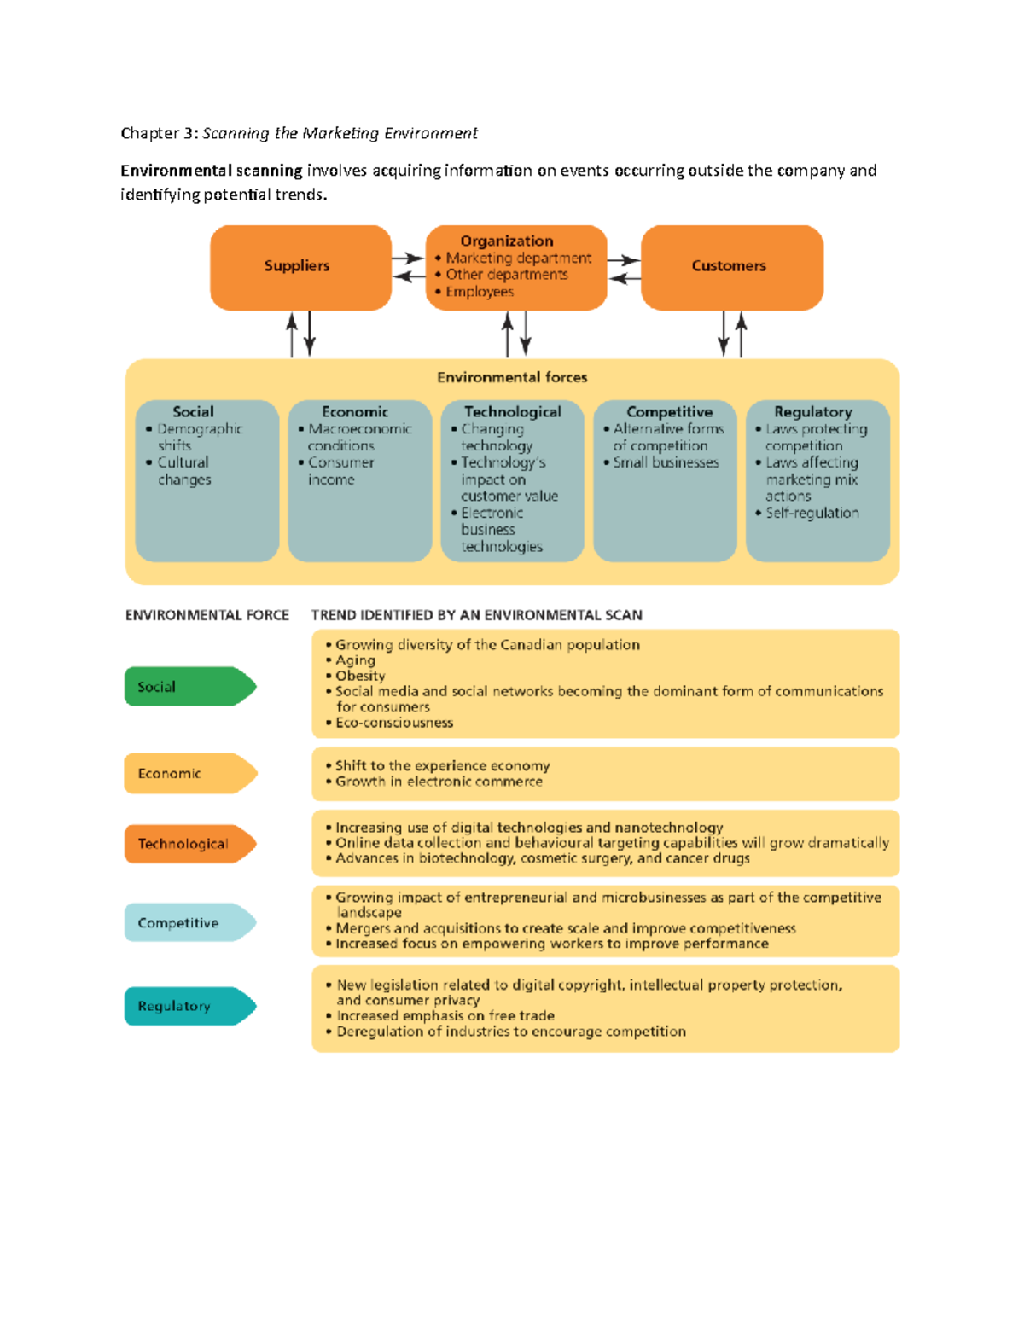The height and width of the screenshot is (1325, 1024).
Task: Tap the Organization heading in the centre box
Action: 507,241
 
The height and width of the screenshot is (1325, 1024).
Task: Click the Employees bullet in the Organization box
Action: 479,292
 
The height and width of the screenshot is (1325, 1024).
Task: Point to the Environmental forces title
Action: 512,377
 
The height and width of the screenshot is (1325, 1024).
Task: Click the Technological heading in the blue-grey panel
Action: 512,412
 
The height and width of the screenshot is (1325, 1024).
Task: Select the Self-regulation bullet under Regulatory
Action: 812,513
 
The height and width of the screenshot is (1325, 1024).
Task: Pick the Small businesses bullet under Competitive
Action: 666,462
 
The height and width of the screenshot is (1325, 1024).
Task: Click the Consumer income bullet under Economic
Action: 340,471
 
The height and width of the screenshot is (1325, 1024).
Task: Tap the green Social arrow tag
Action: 188,687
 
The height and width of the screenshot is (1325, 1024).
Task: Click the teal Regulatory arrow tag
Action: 188,1006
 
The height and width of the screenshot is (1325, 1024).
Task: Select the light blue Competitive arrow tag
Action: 188,922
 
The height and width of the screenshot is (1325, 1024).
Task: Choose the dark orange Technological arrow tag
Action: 188,844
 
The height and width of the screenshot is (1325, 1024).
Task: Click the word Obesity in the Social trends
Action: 360,676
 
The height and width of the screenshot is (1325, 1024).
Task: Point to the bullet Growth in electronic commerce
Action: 439,782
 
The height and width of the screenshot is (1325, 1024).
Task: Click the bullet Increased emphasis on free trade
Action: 445,1016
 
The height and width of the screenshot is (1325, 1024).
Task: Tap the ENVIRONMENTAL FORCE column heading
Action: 207,615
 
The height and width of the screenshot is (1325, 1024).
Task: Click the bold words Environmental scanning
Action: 212,171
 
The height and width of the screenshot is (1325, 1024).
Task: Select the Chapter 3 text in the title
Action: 160,133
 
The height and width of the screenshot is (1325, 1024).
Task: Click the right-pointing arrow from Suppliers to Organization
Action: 408,258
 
